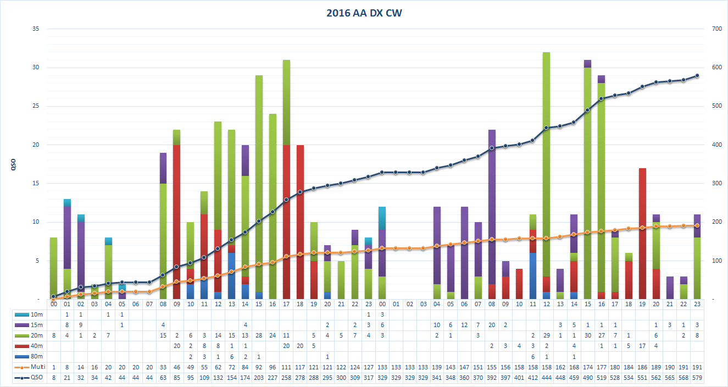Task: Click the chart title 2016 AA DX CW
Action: click(363, 13)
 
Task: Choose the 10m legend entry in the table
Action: click(36, 314)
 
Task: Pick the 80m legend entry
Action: click(36, 356)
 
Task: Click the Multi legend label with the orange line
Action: click(36, 367)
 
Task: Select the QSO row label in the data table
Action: click(36, 377)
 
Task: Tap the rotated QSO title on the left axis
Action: click(13, 164)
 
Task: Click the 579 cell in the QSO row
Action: click(697, 377)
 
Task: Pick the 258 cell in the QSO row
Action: click(286, 377)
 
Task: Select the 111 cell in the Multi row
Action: click(286, 367)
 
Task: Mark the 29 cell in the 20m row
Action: click(546, 335)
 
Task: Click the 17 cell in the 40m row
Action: click(642, 346)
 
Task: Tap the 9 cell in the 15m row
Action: click(81, 325)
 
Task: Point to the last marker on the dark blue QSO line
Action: click(697, 75)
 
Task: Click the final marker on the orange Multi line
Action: click(697, 225)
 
